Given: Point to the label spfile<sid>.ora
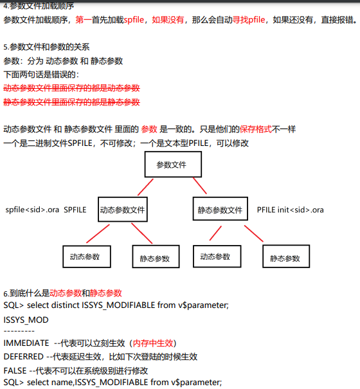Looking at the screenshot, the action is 32,210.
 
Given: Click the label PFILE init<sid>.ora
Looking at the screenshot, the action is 291,210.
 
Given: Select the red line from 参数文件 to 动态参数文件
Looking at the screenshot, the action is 145,187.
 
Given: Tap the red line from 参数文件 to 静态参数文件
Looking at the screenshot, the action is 200,186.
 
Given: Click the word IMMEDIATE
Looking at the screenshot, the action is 26,343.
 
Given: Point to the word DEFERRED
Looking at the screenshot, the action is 24,357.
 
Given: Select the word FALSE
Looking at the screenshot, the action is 15,370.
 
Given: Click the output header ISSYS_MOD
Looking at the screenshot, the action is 26,320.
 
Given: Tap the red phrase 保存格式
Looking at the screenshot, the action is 256,129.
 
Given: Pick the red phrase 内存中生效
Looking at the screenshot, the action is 153,343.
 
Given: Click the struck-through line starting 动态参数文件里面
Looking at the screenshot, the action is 72,88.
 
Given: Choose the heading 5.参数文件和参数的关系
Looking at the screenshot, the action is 46,47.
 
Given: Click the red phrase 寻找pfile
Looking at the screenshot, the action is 249,19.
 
